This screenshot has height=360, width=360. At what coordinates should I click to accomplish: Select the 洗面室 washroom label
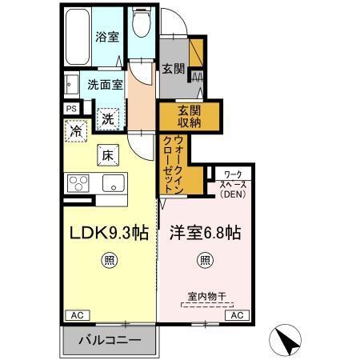coord(105,83)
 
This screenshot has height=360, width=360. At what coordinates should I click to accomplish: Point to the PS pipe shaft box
coord(70,109)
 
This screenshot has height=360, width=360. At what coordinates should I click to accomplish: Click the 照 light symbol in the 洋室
coord(205,259)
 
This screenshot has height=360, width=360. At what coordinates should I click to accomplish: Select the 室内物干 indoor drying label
coord(207,297)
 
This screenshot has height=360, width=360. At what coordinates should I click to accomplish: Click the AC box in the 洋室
coord(237,315)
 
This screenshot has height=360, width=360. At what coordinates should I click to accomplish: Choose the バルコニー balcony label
coord(110,340)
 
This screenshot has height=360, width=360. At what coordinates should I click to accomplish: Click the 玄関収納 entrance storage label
coord(180,117)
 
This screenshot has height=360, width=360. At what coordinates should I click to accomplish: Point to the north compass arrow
coord(289,339)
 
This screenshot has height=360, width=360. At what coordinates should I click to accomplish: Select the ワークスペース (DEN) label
coord(234,183)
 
